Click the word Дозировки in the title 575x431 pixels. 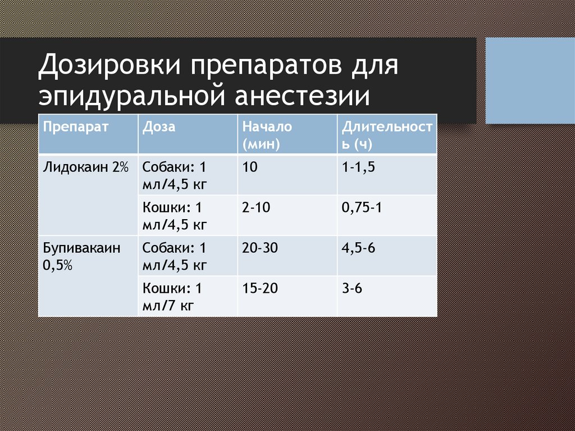pos(109,65)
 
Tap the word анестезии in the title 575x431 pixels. pos(302,96)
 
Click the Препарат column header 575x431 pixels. pos(76,126)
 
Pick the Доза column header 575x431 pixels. pos(159,126)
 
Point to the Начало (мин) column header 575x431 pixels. pos(267,135)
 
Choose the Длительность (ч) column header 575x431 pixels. pos(387,135)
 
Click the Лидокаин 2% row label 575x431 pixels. pos(86,167)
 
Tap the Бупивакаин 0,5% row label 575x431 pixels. pos(81,256)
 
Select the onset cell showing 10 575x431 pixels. pos(250,167)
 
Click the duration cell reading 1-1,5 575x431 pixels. pos(358,167)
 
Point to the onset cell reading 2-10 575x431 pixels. pos(256,208)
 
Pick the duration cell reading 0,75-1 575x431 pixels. pos(362,208)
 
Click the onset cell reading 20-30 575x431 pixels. pos(259,248)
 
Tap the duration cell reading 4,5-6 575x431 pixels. pos(358,248)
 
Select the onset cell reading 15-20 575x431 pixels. pos(259,288)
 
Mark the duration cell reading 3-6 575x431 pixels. pos(352,288)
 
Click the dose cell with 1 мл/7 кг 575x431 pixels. pos(172,297)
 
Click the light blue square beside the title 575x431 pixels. pos(530,80)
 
